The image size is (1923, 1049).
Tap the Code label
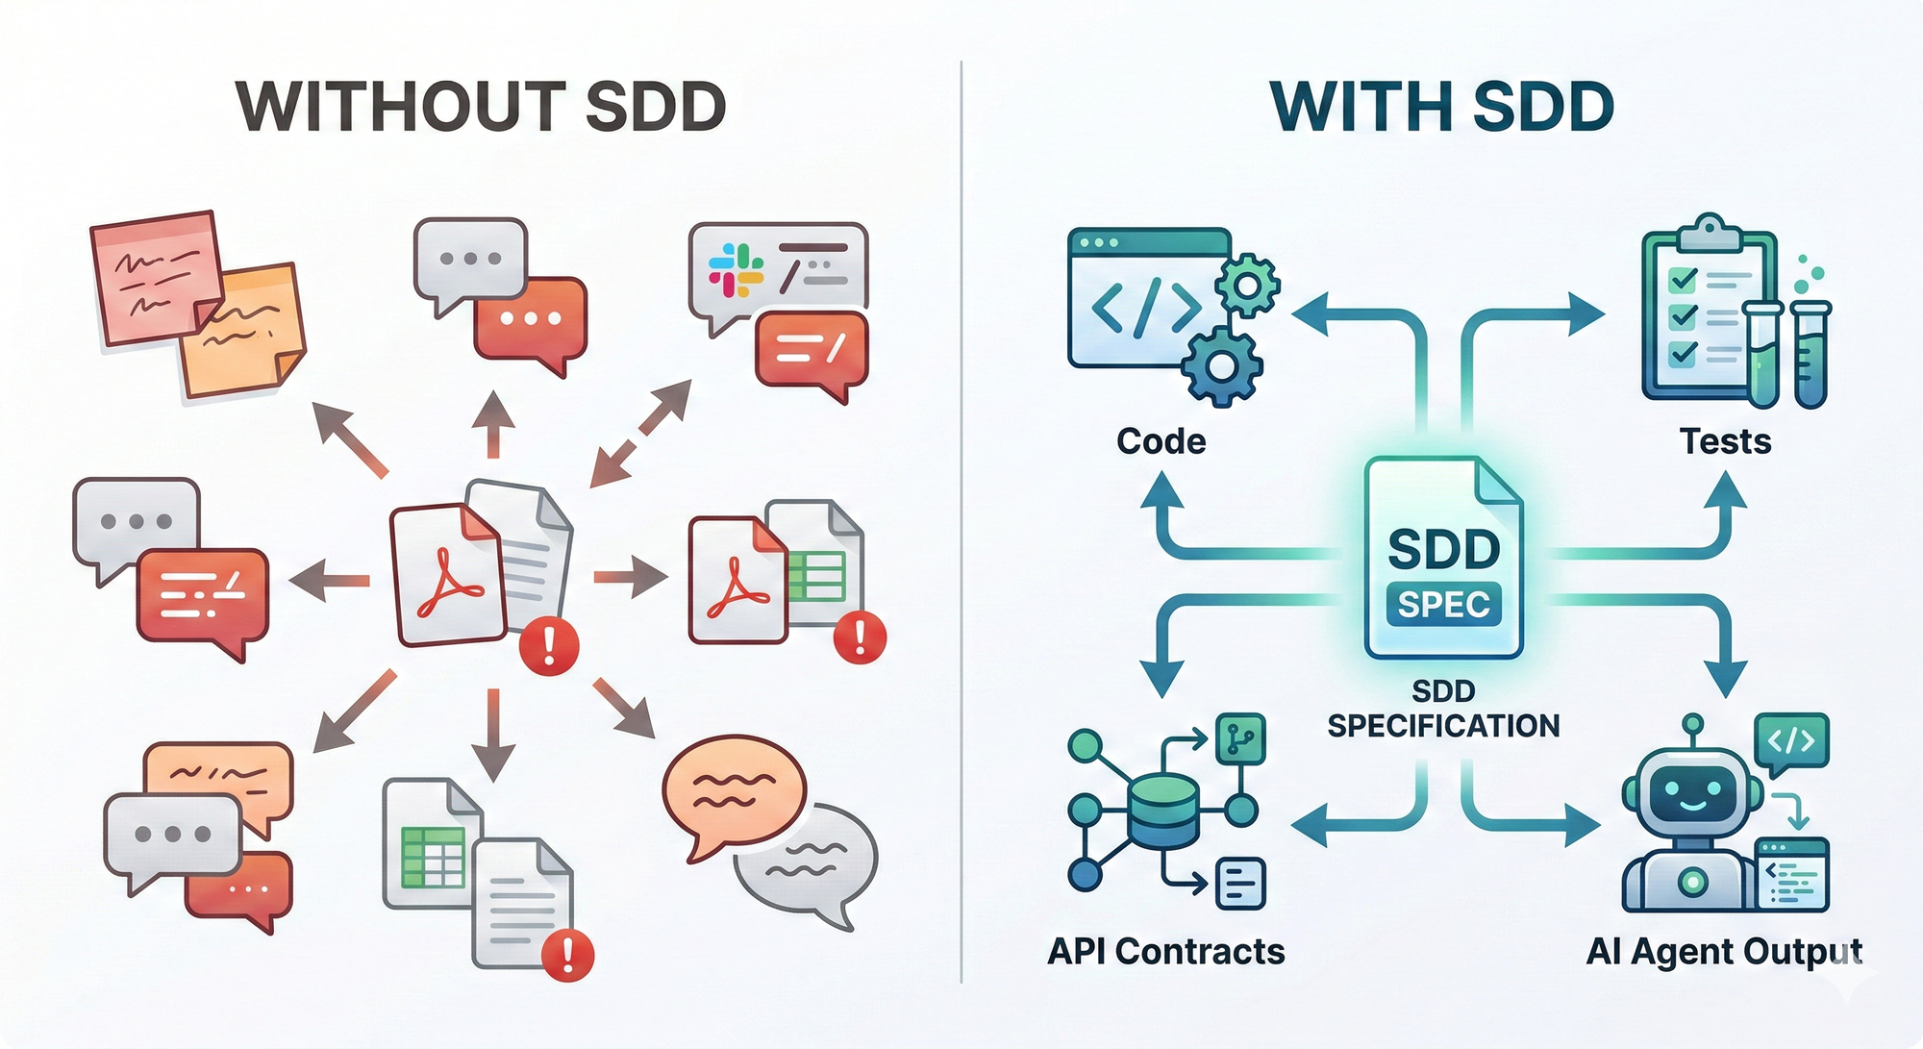coord(1161,441)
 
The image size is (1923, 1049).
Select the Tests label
coord(1725,441)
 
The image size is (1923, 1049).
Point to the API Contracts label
coord(1165,951)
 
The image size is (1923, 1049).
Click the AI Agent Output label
coord(1724,951)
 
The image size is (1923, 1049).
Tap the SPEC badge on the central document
coord(1443,604)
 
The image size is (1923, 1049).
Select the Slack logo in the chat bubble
coord(736,269)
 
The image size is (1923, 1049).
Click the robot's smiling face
coord(1692,794)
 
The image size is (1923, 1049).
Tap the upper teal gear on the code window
coord(1247,285)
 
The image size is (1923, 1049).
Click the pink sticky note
coord(154,274)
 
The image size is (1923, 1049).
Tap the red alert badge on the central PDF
coord(549,645)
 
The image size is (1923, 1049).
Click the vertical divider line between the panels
coord(961,519)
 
